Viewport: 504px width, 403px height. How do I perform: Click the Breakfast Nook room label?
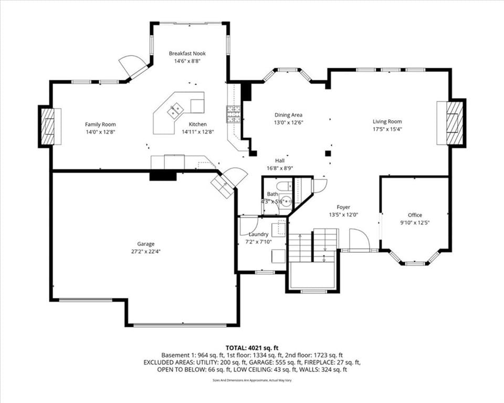coord(187,54)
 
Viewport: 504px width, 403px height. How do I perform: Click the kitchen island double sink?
coord(175,110)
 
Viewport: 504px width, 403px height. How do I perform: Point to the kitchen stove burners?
coord(234,114)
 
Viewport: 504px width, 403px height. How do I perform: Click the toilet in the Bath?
coord(285,186)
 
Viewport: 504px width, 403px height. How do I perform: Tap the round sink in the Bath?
coord(286,201)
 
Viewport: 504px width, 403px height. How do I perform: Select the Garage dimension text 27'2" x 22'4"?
coord(145,251)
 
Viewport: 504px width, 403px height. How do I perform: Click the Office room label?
coord(415,215)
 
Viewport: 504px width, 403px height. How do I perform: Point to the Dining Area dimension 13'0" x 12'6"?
coord(289,122)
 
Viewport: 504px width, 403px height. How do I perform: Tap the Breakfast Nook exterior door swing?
coord(132,67)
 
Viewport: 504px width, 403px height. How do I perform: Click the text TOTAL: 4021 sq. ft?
coord(252,348)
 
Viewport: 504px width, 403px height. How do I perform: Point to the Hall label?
coord(280,161)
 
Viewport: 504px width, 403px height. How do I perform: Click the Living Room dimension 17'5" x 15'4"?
coord(387,129)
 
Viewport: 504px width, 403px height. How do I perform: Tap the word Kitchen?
coord(198,124)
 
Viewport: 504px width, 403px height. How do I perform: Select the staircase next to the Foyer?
coord(313,246)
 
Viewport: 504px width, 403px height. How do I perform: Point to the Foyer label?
coord(343,207)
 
